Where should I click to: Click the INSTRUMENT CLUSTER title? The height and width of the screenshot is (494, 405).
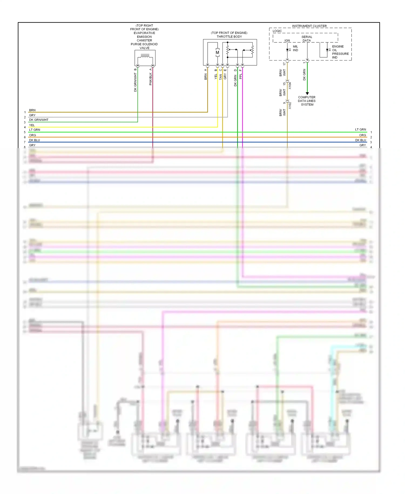click(309, 26)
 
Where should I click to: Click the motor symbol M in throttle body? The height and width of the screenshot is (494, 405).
click(217, 52)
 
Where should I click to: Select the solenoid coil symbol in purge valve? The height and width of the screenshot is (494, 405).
click(145, 56)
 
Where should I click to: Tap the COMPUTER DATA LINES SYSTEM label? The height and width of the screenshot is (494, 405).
click(307, 101)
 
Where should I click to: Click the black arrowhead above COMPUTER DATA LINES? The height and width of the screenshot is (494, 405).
click(307, 93)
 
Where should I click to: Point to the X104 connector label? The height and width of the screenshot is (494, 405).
click(290, 86)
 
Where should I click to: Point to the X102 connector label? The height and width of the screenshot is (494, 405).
click(290, 105)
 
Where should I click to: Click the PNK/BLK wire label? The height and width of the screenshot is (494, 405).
click(151, 79)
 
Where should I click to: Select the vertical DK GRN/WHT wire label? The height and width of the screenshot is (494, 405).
click(135, 82)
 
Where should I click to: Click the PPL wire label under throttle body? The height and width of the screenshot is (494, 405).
click(241, 76)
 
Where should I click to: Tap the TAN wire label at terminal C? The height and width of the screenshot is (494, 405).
click(221, 77)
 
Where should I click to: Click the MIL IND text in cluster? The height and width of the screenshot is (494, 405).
click(295, 48)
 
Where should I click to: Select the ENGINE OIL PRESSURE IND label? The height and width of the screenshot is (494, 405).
click(340, 52)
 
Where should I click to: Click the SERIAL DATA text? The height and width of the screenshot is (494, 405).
click(307, 39)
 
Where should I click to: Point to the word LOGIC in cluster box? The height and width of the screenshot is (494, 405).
click(277, 31)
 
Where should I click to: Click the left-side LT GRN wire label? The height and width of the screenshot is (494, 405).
click(35, 130)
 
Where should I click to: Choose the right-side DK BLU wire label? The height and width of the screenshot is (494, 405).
click(360, 140)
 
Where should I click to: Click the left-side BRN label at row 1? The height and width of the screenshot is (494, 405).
click(32, 110)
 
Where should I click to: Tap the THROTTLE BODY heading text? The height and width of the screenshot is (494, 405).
click(229, 36)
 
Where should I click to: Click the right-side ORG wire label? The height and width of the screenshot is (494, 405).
click(362, 135)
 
